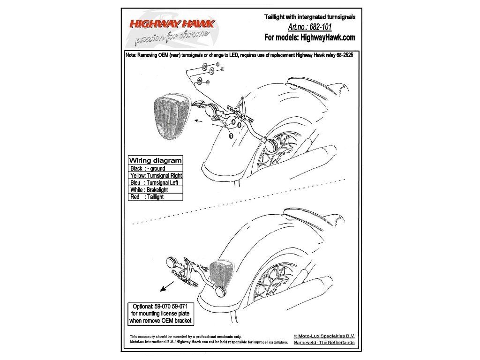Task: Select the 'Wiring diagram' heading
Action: click(x=156, y=160)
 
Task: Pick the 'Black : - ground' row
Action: click(x=148, y=168)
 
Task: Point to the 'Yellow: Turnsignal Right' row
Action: click(x=156, y=175)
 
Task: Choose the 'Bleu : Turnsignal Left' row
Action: click(x=152, y=183)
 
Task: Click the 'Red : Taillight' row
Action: click(x=147, y=197)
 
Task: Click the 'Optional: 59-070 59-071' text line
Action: click(x=161, y=306)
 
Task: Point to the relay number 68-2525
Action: click(x=346, y=54)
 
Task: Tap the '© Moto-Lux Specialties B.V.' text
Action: click(x=324, y=336)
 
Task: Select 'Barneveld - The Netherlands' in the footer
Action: click(x=324, y=343)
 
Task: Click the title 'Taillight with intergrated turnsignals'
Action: click(x=310, y=17)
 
